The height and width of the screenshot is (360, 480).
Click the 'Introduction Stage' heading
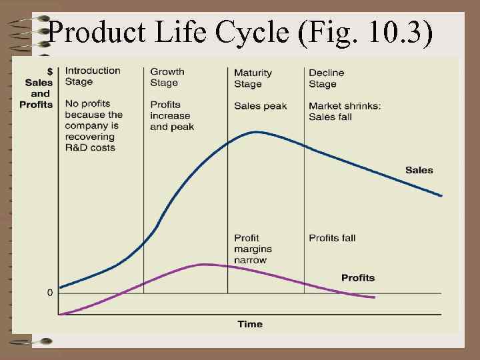coord(93,77)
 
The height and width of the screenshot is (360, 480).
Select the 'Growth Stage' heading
coord(167,77)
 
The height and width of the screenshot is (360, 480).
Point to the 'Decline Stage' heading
coord(326,78)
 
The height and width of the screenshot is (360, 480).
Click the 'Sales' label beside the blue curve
coord(419,170)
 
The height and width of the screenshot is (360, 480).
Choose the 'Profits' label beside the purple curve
coord(358,277)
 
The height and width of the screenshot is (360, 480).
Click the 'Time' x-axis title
coord(250,324)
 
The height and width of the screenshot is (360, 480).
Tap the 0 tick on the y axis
coord(50,293)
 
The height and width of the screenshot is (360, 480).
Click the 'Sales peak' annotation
coord(260,106)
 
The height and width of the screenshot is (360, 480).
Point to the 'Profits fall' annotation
coord(332,238)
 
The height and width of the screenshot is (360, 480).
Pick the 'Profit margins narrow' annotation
coord(253,249)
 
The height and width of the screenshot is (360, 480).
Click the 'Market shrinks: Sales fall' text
coord(345,111)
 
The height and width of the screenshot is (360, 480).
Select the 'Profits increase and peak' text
coord(172,115)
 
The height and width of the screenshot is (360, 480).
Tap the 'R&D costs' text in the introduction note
coord(90,147)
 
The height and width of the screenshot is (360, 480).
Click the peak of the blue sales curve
coord(257,132)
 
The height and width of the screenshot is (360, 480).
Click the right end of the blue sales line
coord(441,195)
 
